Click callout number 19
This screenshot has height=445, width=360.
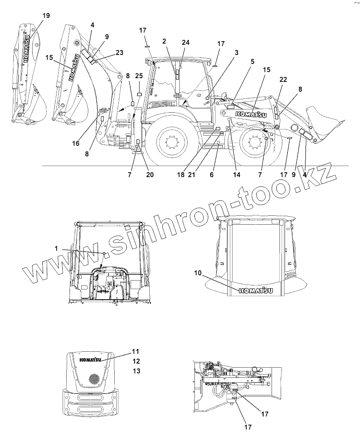tap(46, 15)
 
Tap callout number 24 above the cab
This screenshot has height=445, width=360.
tap(186, 42)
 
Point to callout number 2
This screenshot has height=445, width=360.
tap(164, 41)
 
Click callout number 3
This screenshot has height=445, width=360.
tap(236, 53)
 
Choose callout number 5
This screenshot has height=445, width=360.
tap(252, 62)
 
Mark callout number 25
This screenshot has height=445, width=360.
tap(139, 76)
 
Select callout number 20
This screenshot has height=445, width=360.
tap(150, 175)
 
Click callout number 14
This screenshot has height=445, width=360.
tap(237, 175)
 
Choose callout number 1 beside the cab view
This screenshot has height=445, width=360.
tap(57, 248)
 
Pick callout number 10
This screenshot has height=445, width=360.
tap(198, 273)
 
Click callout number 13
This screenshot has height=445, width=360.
tap(136, 371)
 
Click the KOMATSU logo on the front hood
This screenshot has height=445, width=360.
tap(90, 360)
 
